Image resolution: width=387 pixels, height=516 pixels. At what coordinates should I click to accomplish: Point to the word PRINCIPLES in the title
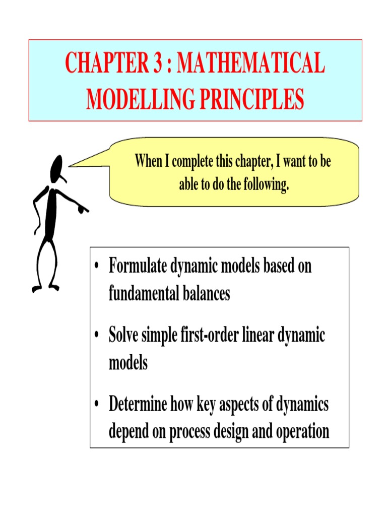tap(254, 99)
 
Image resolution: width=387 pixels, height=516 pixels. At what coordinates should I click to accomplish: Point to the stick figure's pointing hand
tap(83, 208)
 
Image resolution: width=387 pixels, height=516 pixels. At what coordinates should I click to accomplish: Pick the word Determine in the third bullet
tap(140, 405)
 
